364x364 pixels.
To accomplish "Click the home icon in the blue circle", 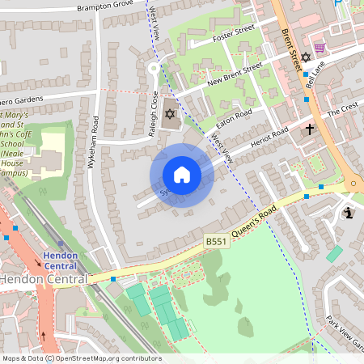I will point(182,175).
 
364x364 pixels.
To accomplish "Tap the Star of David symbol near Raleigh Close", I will point(169,112).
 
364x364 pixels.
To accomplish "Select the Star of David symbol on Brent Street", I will point(306,58).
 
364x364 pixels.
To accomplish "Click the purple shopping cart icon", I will point(320,49).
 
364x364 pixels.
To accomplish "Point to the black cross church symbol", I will point(309,129).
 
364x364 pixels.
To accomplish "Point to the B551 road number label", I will point(215,241).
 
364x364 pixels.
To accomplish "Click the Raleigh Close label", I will point(154,113).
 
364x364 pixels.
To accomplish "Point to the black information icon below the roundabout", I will point(349,213).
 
